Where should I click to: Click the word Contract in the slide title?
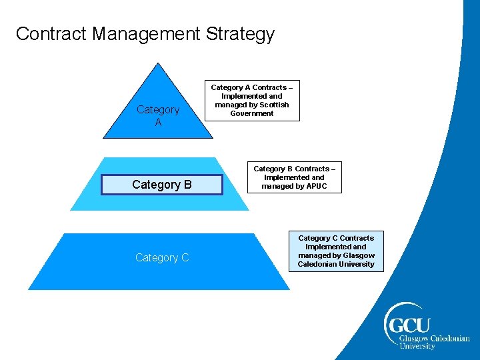click(x=51, y=34)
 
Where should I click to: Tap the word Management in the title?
click(x=147, y=34)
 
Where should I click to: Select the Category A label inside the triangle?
click(x=158, y=116)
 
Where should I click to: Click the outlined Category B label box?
click(x=161, y=185)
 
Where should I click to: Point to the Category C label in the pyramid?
click(x=162, y=258)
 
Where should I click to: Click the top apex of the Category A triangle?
click(x=158, y=63)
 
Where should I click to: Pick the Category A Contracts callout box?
click(x=252, y=101)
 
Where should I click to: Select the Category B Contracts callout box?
click(x=294, y=178)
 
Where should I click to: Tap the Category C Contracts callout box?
click(x=336, y=251)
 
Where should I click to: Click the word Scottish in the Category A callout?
click(x=273, y=105)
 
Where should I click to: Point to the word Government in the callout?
click(x=252, y=113)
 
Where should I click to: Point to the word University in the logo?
click(x=417, y=346)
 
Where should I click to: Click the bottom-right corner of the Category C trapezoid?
click(x=290, y=289)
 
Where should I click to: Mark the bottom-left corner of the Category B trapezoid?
click(x=70, y=210)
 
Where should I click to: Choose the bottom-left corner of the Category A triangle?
click(x=103, y=138)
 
